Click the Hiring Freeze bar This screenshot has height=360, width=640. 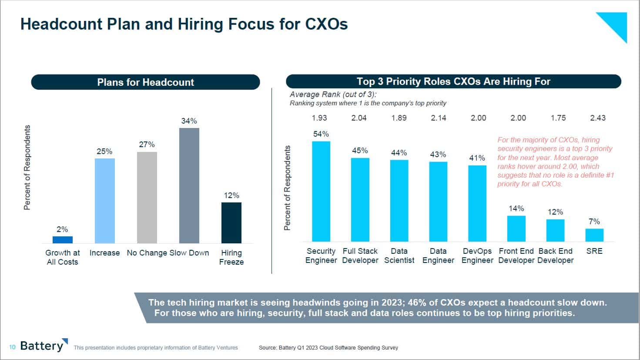click(231, 223)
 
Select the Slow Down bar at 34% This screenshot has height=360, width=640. click(189, 185)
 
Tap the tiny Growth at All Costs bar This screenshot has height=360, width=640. click(63, 240)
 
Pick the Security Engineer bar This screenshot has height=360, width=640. click(321, 192)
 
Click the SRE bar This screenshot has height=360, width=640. click(594, 235)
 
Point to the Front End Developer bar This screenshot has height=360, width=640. click(516, 229)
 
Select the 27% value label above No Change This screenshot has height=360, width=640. click(147, 145)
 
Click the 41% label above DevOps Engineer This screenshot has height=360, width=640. click(477, 158)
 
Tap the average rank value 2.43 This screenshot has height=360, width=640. click(598, 118)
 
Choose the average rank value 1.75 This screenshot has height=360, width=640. click(558, 118)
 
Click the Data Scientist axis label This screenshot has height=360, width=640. click(399, 256)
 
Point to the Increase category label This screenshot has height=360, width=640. click(104, 253)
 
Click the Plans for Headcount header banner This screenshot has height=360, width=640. click(145, 82)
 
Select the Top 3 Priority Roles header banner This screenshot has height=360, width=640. click(453, 81)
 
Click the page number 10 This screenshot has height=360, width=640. click(12, 347)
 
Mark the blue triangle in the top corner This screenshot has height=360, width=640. click(616, 24)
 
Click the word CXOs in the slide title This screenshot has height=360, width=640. click(326, 24)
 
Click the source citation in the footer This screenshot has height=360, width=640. click(328, 348)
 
